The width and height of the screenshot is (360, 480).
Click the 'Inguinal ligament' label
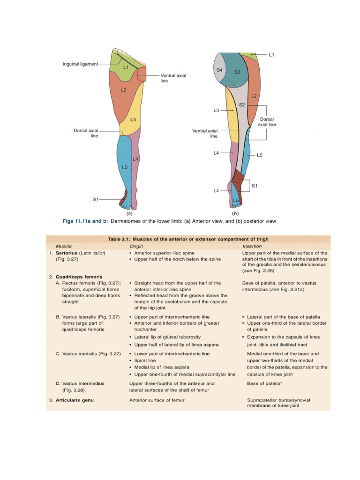click(x=80, y=64)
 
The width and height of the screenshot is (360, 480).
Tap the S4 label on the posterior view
click(x=219, y=70)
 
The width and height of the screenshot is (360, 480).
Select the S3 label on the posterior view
click(x=237, y=72)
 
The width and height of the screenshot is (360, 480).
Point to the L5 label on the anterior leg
click(x=124, y=167)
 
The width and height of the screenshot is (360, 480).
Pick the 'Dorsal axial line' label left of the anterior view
click(x=86, y=133)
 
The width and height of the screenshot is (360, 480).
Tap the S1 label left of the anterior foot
click(x=96, y=199)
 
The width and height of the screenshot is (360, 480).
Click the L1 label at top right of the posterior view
click(x=271, y=55)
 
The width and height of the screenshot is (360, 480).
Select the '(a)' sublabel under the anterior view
click(x=129, y=212)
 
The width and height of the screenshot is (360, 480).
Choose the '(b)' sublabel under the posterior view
click(x=235, y=212)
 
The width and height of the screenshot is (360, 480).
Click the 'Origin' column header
click(x=136, y=246)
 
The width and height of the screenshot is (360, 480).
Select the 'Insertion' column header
click(x=252, y=246)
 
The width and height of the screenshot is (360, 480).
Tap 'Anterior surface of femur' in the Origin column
click(x=157, y=400)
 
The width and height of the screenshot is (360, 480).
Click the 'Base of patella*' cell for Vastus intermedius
click(x=264, y=383)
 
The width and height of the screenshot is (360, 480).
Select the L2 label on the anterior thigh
click(x=123, y=90)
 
